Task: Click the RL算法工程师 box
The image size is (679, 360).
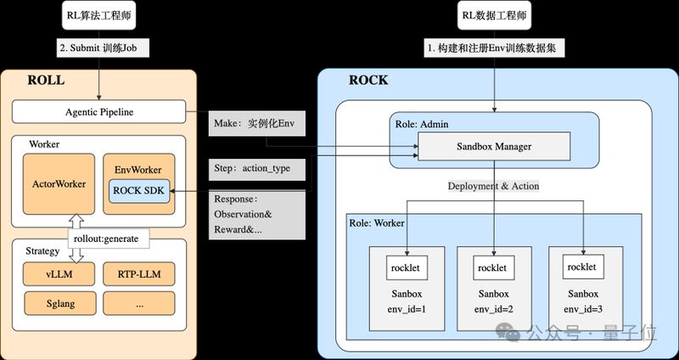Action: [100, 15]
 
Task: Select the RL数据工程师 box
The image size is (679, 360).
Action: [495, 15]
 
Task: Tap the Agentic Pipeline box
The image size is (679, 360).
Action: [99, 111]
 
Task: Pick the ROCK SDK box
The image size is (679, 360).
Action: [140, 190]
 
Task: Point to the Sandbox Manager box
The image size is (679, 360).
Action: [495, 147]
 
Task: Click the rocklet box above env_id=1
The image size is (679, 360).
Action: [407, 267]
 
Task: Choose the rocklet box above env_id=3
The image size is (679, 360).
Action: [581, 267]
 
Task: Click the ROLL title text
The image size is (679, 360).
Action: [46, 81]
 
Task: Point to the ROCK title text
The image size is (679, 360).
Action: [368, 81]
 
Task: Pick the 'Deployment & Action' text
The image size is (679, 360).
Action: [494, 186]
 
